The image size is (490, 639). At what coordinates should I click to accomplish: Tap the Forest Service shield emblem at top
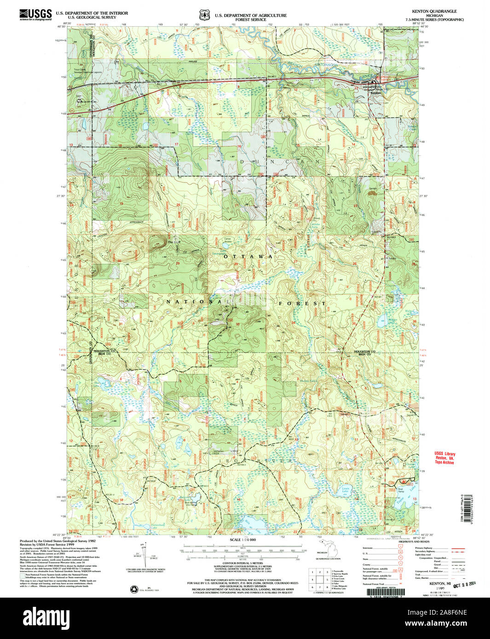tap(205, 15)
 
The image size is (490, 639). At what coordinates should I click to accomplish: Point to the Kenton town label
tap(376, 92)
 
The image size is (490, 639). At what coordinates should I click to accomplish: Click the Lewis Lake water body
tap(346, 491)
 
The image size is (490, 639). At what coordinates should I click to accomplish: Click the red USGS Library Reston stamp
tap(444, 458)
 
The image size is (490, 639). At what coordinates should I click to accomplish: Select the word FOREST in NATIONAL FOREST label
tap(302, 303)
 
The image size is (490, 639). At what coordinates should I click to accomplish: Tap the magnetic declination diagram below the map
tap(146, 554)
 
